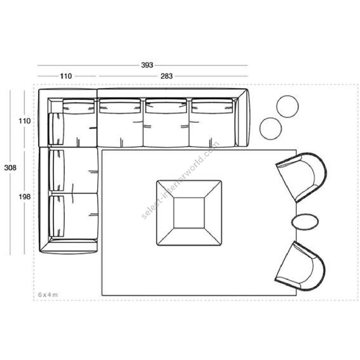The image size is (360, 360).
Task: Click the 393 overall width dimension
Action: click(x=147, y=65)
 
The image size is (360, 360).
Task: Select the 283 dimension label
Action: click(x=166, y=76)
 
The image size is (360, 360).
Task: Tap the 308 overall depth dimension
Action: click(x=10, y=168)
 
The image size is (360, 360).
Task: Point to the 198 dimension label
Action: click(x=24, y=197)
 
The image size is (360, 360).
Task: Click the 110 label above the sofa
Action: click(x=66, y=76)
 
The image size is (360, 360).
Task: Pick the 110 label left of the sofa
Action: click(x=24, y=121)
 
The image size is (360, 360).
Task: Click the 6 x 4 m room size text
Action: click(x=48, y=294)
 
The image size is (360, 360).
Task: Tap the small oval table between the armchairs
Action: click(x=305, y=221)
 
